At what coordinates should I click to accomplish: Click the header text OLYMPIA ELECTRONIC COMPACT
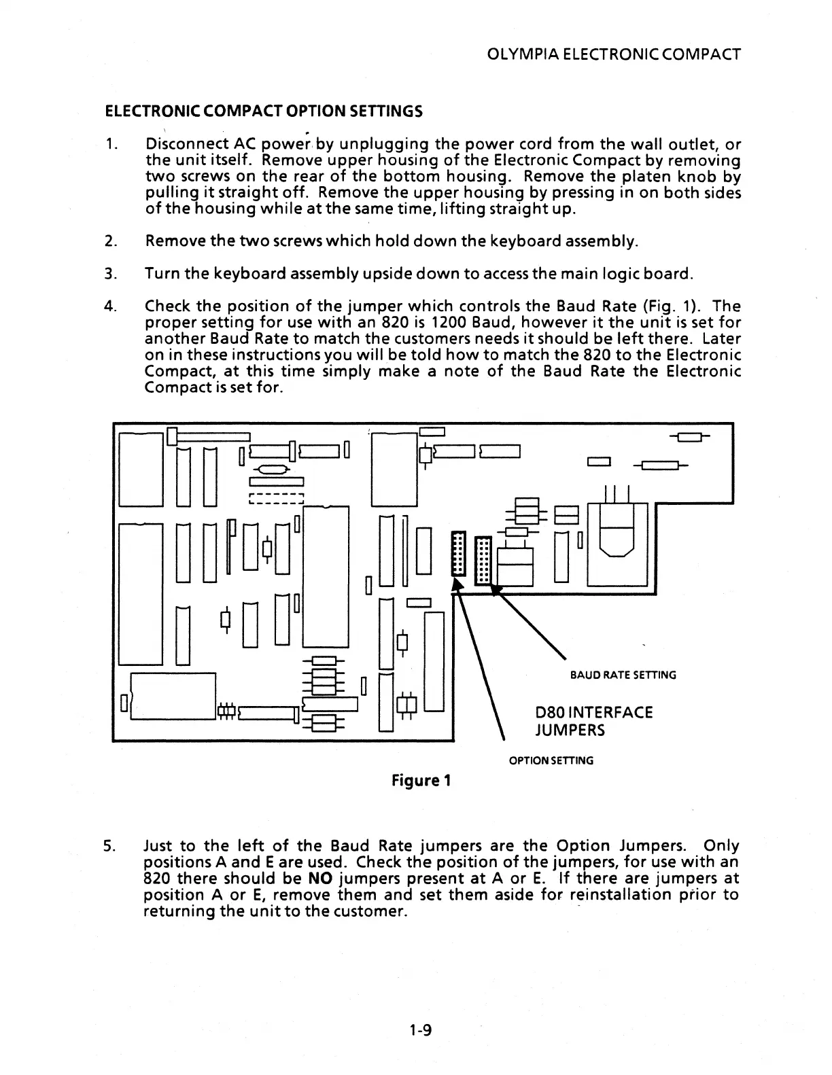pyautogui.click(x=613, y=54)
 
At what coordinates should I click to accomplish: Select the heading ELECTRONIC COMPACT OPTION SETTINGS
pyautogui.click(x=263, y=111)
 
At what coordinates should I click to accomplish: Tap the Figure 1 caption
pyautogui.click(x=421, y=780)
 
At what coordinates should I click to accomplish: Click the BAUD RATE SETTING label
pyautogui.click(x=623, y=675)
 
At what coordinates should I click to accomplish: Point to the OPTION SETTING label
pyautogui.click(x=551, y=760)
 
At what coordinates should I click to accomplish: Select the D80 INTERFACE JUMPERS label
pyautogui.click(x=593, y=721)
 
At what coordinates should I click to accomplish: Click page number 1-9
pyautogui.click(x=421, y=1031)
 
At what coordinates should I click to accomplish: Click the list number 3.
pyautogui.click(x=109, y=275)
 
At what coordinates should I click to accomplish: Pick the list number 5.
pyautogui.click(x=109, y=846)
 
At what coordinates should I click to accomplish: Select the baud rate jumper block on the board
pyautogui.click(x=482, y=560)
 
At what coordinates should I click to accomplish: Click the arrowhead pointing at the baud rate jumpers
pyautogui.click(x=496, y=591)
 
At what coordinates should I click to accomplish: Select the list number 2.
pyautogui.click(x=109, y=241)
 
